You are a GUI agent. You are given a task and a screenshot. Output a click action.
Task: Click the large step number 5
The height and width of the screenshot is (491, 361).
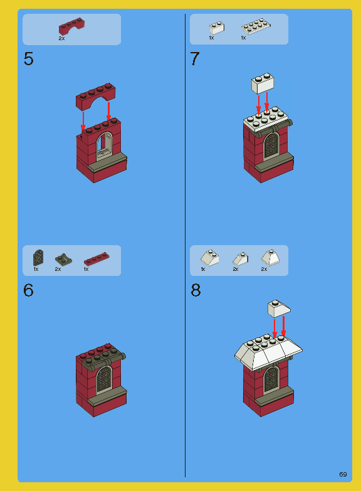coord(28,60)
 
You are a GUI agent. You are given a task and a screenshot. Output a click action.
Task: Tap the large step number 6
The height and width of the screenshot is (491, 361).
coord(28,291)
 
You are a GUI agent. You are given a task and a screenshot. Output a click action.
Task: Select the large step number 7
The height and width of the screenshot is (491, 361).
coord(195,60)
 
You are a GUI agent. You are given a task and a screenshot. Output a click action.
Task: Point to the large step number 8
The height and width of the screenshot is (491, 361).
coord(196,291)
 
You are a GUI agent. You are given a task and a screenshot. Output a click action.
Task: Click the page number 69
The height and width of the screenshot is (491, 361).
coord(343,473)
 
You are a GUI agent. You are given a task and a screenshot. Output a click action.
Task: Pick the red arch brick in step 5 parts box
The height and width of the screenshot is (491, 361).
coord(71,27)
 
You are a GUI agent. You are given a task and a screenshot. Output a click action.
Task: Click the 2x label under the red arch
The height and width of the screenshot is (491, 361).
coord(61,39)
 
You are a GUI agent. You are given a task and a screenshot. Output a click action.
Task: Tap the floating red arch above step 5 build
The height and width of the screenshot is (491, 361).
coord(96,94)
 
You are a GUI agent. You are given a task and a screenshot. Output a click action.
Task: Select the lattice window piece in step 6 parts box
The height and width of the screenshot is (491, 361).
coord(38,257)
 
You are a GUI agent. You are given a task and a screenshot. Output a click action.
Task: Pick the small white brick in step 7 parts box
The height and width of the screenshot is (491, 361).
coord(217,27)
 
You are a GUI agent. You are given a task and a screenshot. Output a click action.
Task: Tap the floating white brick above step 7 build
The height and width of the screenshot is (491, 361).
coord(264,83)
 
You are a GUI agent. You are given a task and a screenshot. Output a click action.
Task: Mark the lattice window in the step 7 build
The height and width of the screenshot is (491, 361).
coord(271,145)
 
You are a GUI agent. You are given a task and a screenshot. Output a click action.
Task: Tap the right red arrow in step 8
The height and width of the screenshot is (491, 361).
coord(284,325)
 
